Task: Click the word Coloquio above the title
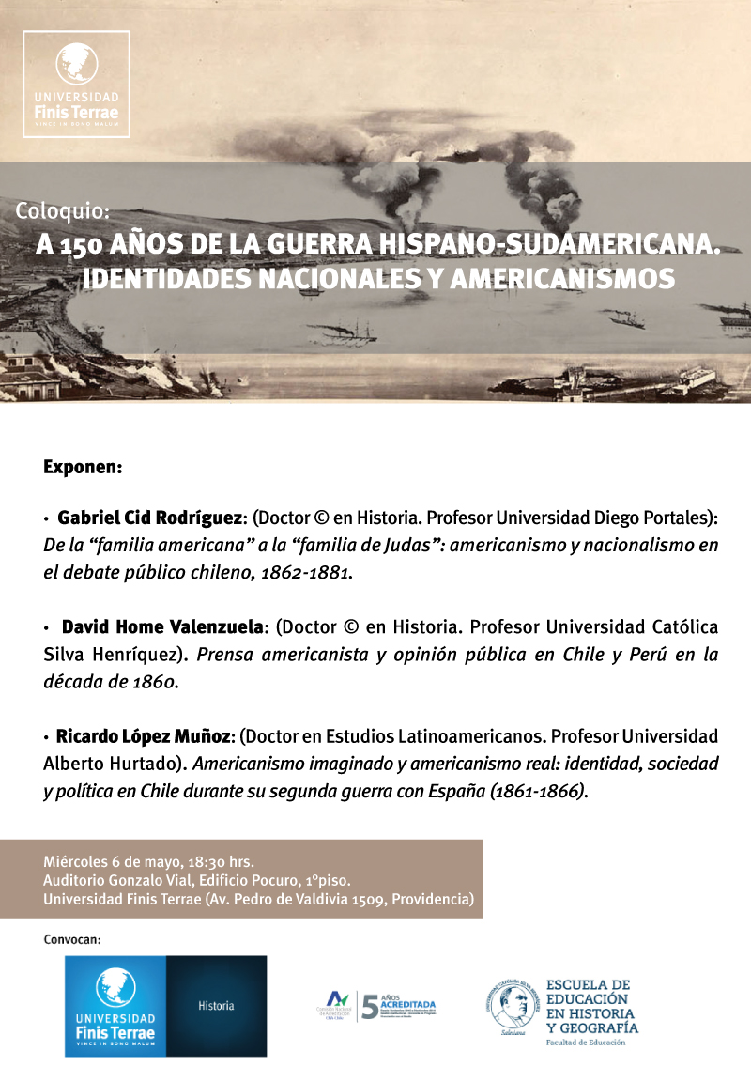click(x=62, y=211)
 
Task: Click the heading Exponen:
click(x=83, y=466)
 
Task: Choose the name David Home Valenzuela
click(x=165, y=626)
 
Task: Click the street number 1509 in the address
click(x=362, y=899)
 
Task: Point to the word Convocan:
click(x=71, y=938)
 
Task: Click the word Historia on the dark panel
click(x=216, y=1006)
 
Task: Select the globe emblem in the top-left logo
click(x=76, y=63)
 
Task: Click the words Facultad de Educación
click(x=590, y=1042)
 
